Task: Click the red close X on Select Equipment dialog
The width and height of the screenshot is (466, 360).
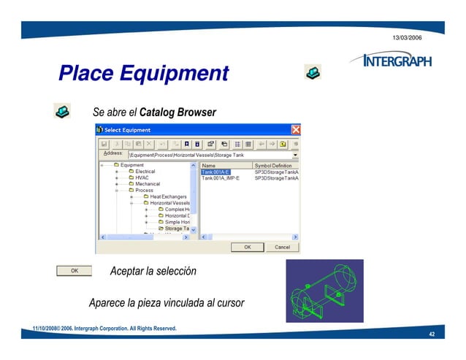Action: [296, 130]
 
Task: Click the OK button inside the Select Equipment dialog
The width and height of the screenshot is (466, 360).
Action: [248, 247]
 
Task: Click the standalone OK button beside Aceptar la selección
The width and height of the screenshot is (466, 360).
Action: [75, 271]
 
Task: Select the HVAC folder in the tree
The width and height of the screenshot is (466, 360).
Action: [142, 177]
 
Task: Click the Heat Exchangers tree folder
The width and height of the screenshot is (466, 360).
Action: [168, 196]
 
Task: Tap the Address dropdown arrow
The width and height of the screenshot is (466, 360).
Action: [295, 155]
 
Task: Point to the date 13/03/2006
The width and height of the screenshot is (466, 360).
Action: [407, 37]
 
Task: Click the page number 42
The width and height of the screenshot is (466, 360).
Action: [432, 334]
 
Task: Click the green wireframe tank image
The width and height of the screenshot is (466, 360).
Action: [324, 291]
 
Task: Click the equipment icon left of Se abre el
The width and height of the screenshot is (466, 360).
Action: [62, 111]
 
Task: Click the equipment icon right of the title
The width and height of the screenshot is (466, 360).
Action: [312, 72]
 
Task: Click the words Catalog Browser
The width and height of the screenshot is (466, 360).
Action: [177, 113]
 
